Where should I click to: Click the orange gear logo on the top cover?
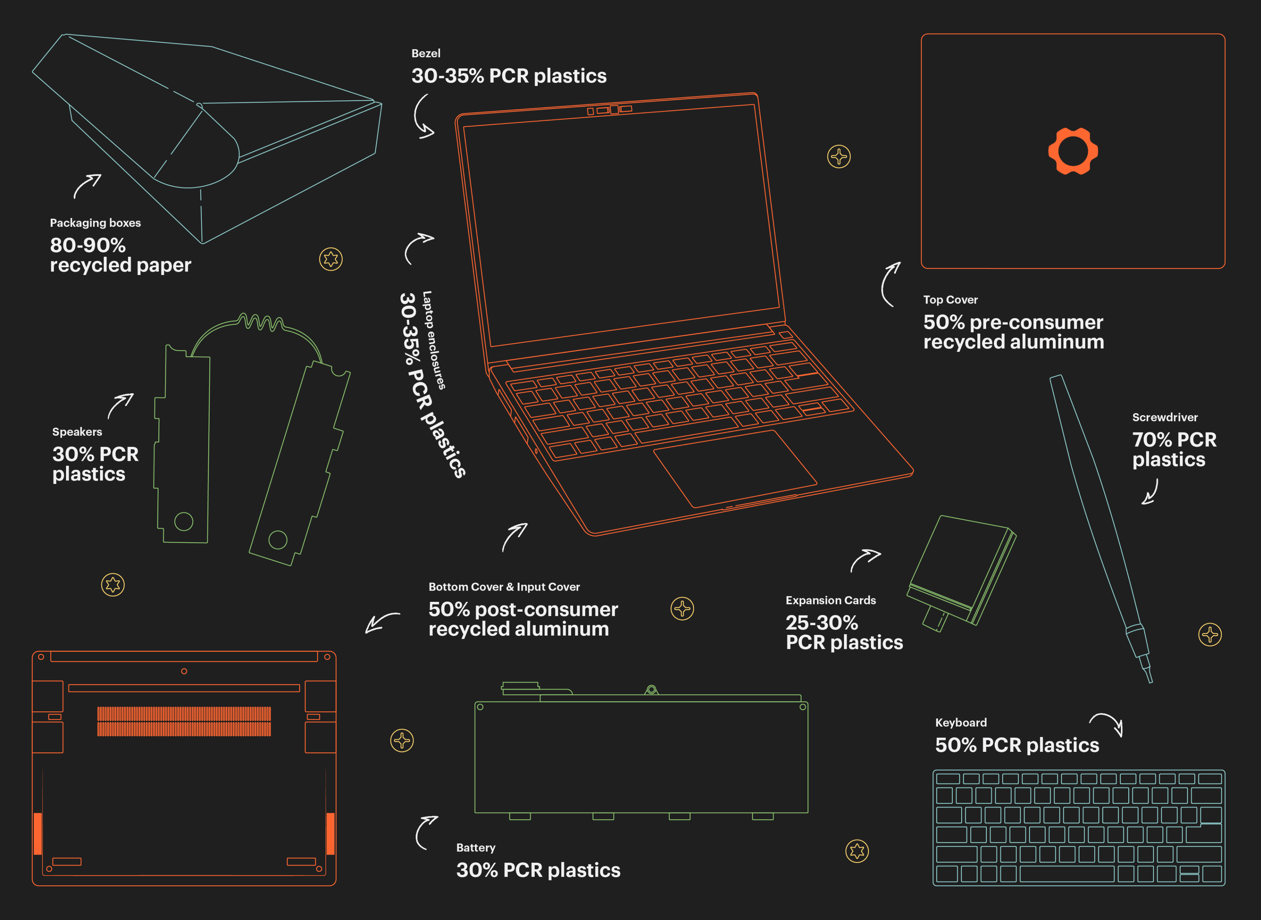pos(1073,151)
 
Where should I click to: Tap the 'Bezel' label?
pos(426,53)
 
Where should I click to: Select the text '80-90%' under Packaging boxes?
pos(88,245)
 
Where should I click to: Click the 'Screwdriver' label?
pos(1165,417)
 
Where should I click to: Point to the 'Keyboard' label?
pos(961,723)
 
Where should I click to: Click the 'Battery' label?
pos(475,848)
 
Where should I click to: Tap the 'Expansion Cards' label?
pos(831,600)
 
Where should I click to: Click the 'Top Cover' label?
pos(950,300)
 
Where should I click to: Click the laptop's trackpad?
pos(735,468)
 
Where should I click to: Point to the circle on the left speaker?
pos(184,521)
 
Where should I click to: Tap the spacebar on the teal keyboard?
pos(1067,874)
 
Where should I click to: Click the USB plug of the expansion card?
pos(935,619)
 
